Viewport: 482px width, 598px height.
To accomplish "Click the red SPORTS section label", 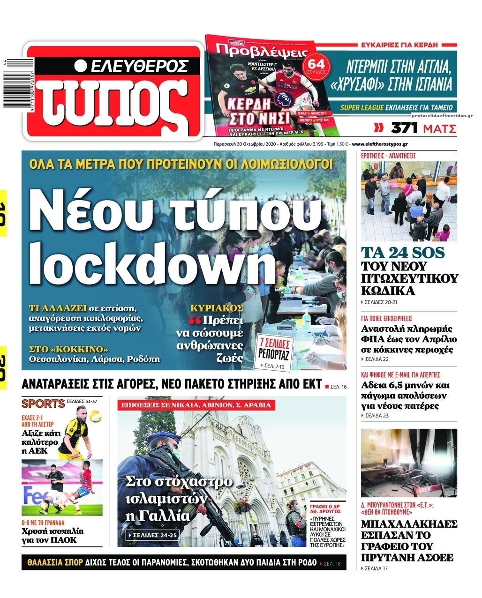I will [x=43, y=403].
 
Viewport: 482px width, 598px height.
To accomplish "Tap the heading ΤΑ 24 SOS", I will [x=402, y=253].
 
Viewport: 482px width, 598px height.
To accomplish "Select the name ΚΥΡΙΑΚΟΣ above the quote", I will [x=216, y=308].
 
